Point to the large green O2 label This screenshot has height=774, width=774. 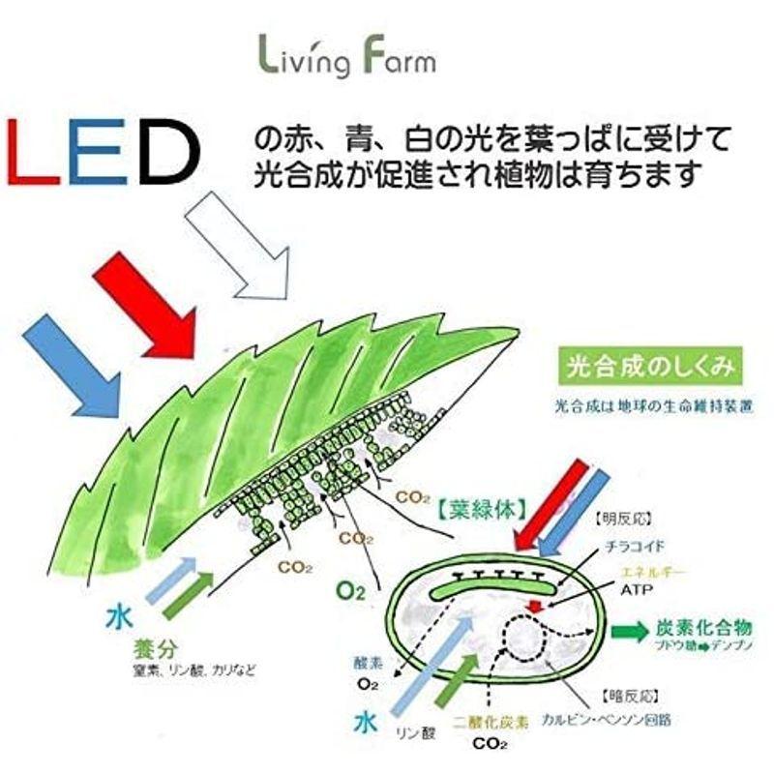(350, 590)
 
